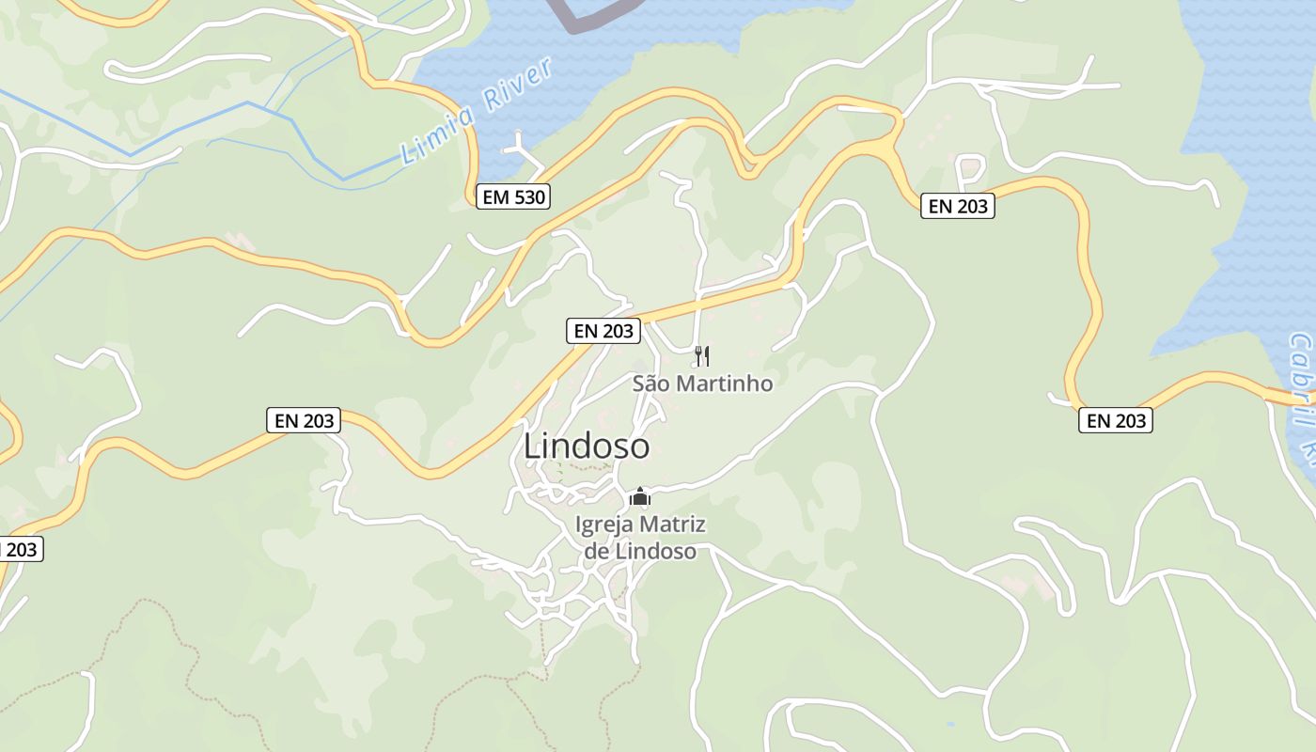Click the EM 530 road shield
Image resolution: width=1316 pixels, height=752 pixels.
coord(512,196)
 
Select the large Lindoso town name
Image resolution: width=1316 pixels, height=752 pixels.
coord(586,446)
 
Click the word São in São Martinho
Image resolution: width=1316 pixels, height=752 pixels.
coord(654,384)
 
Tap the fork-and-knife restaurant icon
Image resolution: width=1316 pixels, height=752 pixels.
coord(701,355)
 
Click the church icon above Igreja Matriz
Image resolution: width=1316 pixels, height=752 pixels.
coord(640,496)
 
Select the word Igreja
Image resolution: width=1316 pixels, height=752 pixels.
coord(605,525)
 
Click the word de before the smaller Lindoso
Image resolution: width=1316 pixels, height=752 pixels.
coord(597,551)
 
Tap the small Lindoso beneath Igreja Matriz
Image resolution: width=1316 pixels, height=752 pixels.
coord(655,551)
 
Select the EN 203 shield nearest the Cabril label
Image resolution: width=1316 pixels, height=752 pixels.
coord(1115,420)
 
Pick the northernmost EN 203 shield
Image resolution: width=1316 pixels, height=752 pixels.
coord(957,206)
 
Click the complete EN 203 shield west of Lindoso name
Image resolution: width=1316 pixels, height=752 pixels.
coord(304,420)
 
